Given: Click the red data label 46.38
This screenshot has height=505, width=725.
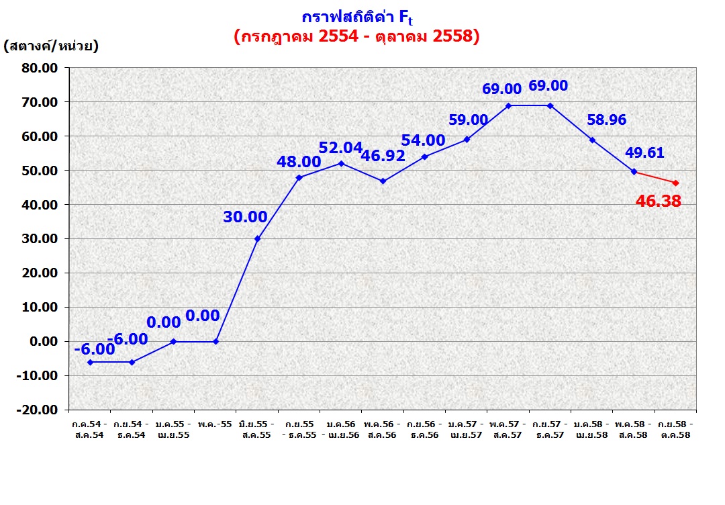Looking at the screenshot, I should point(658,200).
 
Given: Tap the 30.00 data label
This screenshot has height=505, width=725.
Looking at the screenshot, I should point(245,217).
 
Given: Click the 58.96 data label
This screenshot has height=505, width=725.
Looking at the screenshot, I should point(607,120).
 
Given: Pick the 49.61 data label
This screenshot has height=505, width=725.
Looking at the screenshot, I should point(644,152).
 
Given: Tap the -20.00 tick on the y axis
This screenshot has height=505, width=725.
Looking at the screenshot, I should point(38,410).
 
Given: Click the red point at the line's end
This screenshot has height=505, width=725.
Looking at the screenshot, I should point(675,183).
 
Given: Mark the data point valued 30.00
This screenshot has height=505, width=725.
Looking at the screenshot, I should point(257,238).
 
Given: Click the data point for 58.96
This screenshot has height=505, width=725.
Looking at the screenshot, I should point(592,140).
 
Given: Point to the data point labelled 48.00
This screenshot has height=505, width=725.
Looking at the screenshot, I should point(299,177).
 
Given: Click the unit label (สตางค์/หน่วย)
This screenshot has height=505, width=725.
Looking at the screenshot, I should point(51,46).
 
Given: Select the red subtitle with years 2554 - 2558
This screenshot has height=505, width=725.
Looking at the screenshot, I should point(356,37).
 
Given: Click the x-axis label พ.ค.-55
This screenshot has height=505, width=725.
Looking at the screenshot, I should point(215,424).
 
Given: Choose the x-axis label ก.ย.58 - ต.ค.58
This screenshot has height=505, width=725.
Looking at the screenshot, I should point(675,430).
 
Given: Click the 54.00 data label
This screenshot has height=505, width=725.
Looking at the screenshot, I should point(423,140).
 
